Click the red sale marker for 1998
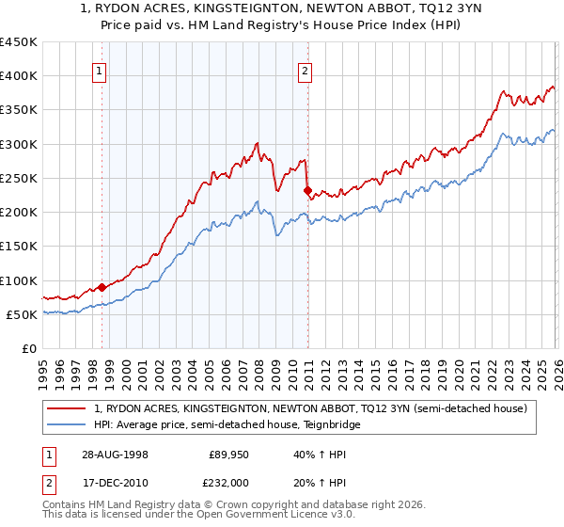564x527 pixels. (x=102, y=287)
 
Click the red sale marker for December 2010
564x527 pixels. (x=307, y=190)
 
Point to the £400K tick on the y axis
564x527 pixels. (x=19, y=76)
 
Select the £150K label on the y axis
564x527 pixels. (x=19, y=247)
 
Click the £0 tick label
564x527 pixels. (x=28, y=349)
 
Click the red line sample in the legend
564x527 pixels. (x=68, y=408)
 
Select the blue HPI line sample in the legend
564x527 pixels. (x=68, y=424)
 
